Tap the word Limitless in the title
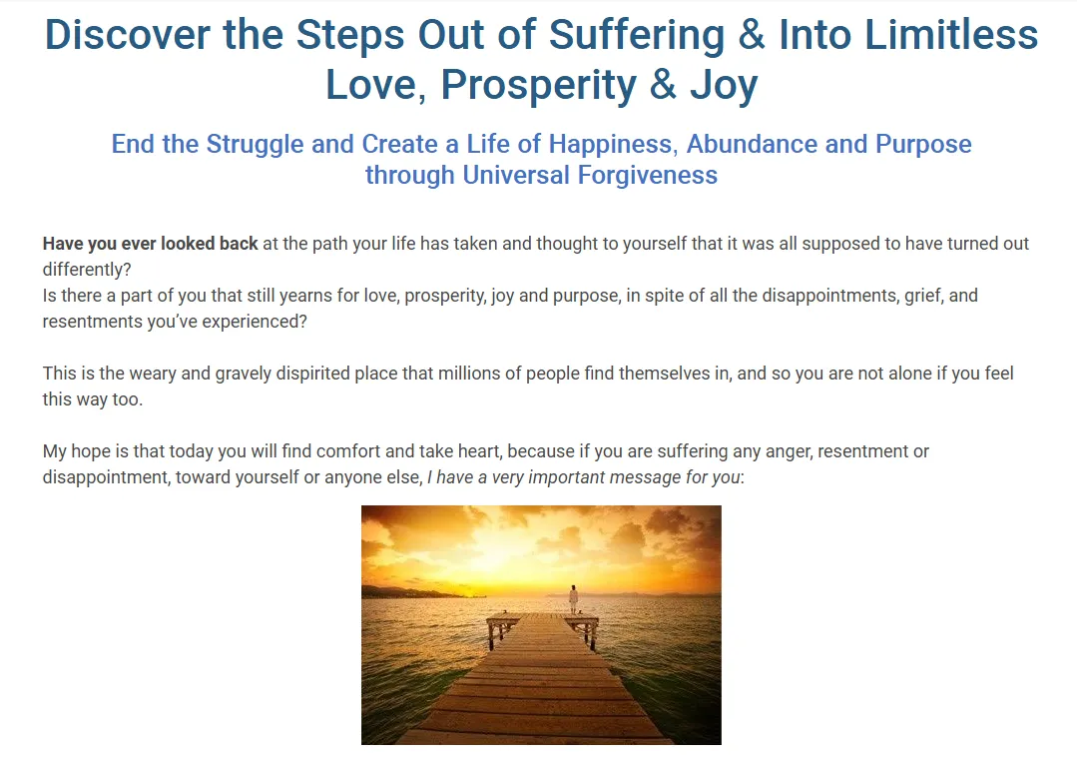(951, 34)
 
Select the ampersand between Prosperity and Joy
(663, 85)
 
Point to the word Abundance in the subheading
(753, 144)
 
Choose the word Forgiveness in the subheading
(647, 175)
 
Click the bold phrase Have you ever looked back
(150, 244)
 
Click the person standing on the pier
(574, 598)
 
